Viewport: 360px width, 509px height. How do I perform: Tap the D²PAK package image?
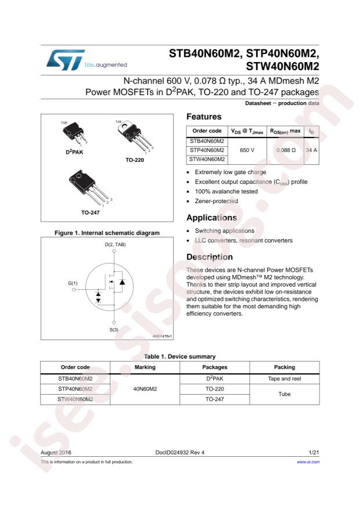[73, 135]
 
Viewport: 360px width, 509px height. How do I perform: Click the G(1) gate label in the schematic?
[73, 283]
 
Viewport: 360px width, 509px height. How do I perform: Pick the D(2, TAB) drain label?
[115, 244]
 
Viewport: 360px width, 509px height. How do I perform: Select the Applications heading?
[211, 218]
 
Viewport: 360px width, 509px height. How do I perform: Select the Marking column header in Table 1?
[145, 367]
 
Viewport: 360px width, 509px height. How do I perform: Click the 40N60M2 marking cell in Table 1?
[145, 389]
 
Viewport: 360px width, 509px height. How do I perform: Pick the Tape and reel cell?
[285, 378]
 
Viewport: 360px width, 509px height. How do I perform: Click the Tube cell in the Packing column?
[285, 395]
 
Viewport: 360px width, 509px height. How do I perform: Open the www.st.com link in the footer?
[308, 462]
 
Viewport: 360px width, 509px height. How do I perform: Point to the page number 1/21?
[314, 452]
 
